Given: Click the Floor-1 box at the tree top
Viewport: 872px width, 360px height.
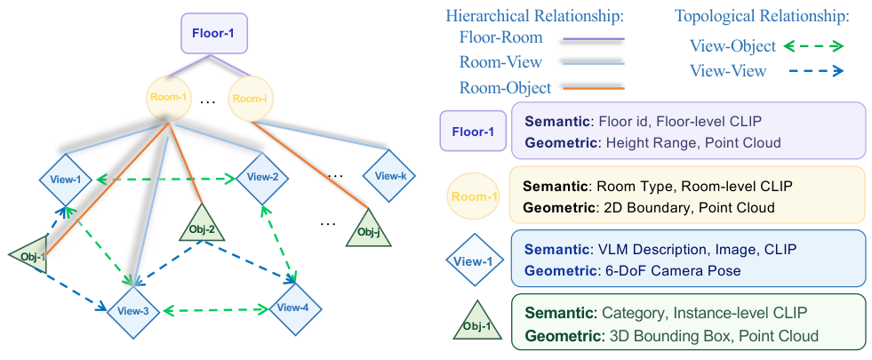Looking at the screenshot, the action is tap(214, 34).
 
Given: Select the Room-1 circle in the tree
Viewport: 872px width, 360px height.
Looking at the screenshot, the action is tap(169, 99).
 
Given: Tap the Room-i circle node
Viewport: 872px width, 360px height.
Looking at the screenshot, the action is tap(251, 99).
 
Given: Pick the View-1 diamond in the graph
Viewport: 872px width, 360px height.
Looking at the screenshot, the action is tap(67, 180).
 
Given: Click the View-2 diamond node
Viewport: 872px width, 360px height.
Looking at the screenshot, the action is tap(262, 178).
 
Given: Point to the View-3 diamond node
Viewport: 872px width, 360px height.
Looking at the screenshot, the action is tap(133, 311).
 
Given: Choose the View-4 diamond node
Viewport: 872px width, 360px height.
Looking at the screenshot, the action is tap(295, 308).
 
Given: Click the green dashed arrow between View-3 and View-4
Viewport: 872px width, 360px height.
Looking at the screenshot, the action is tap(214, 309).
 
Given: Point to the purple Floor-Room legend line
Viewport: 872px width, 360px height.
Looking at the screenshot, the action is tap(594, 39).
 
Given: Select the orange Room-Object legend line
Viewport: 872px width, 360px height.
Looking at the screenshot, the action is tap(594, 87).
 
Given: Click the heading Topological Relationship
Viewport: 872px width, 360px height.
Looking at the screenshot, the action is tap(762, 16).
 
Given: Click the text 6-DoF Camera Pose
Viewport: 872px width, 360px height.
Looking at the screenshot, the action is tap(668, 271).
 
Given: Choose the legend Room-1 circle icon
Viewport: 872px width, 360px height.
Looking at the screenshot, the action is tap(474, 197).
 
